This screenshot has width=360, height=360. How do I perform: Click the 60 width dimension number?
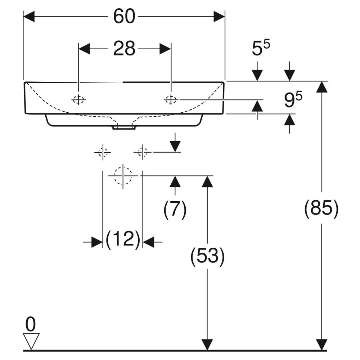pos(124,16)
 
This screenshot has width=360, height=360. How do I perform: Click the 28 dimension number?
pos(124,49)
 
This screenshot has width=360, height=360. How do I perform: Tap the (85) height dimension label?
pos(321,208)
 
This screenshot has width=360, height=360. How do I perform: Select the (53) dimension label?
pos(207,256)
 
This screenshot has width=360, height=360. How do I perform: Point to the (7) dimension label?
pos(175,209)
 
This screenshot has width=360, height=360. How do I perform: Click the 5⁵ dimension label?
pos(261,48)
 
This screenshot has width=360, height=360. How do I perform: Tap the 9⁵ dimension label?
pos(293,99)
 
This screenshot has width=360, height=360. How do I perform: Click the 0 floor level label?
pos(31,324)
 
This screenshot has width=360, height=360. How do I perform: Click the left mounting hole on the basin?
pos(78,100)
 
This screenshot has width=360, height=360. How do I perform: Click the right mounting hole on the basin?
pos(171,100)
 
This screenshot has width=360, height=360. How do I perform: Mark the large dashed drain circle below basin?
pos(123,176)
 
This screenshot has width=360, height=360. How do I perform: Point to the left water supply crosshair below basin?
pos(103,152)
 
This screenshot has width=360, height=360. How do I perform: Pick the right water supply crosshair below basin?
pos(143,152)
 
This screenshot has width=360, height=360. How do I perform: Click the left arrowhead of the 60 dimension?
pos(29,17)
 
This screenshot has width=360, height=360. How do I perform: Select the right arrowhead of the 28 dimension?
pos(165,49)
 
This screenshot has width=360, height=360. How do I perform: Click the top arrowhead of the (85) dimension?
pos(321,87)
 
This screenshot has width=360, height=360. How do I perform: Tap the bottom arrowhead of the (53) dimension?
pos(207,345)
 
